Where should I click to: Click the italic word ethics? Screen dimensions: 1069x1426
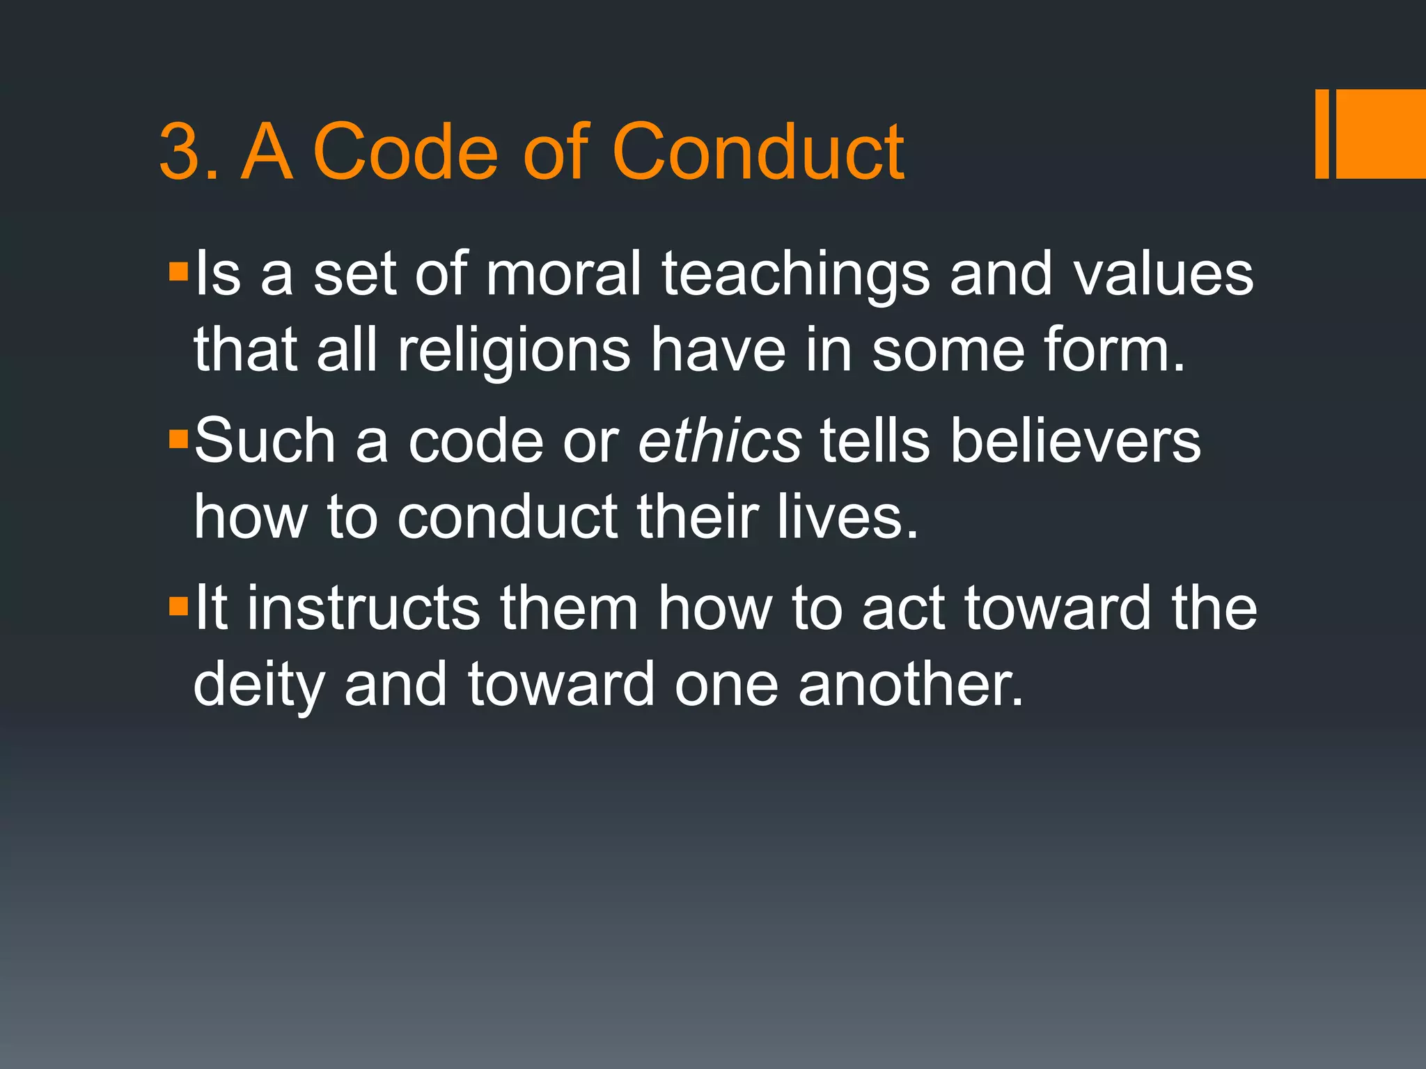point(720,441)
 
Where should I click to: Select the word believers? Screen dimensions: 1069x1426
point(1076,441)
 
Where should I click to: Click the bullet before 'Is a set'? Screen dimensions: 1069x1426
point(178,271)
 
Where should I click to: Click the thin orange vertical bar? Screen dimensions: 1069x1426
point(1322,134)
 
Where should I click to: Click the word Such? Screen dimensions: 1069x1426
point(265,441)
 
